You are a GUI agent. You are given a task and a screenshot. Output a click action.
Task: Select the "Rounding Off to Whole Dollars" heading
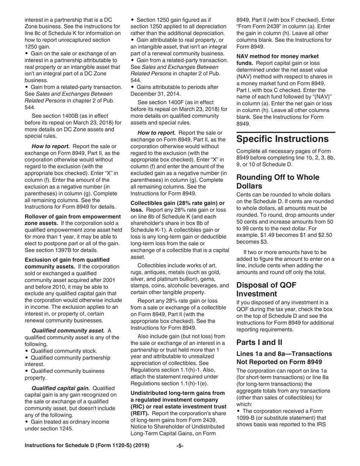tap(278, 182)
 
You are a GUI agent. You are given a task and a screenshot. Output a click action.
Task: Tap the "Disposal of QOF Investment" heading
tap(266, 289)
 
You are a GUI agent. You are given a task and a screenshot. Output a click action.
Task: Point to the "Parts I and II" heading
tap(259, 342)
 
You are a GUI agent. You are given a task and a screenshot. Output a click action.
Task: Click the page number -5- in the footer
tap(180, 446)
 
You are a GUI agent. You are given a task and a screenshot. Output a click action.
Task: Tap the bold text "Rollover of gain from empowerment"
tap(73, 217)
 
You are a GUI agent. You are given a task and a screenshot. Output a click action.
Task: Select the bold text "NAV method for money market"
tap(277, 56)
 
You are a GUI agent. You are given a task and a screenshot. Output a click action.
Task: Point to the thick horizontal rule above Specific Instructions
tap(286, 132)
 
